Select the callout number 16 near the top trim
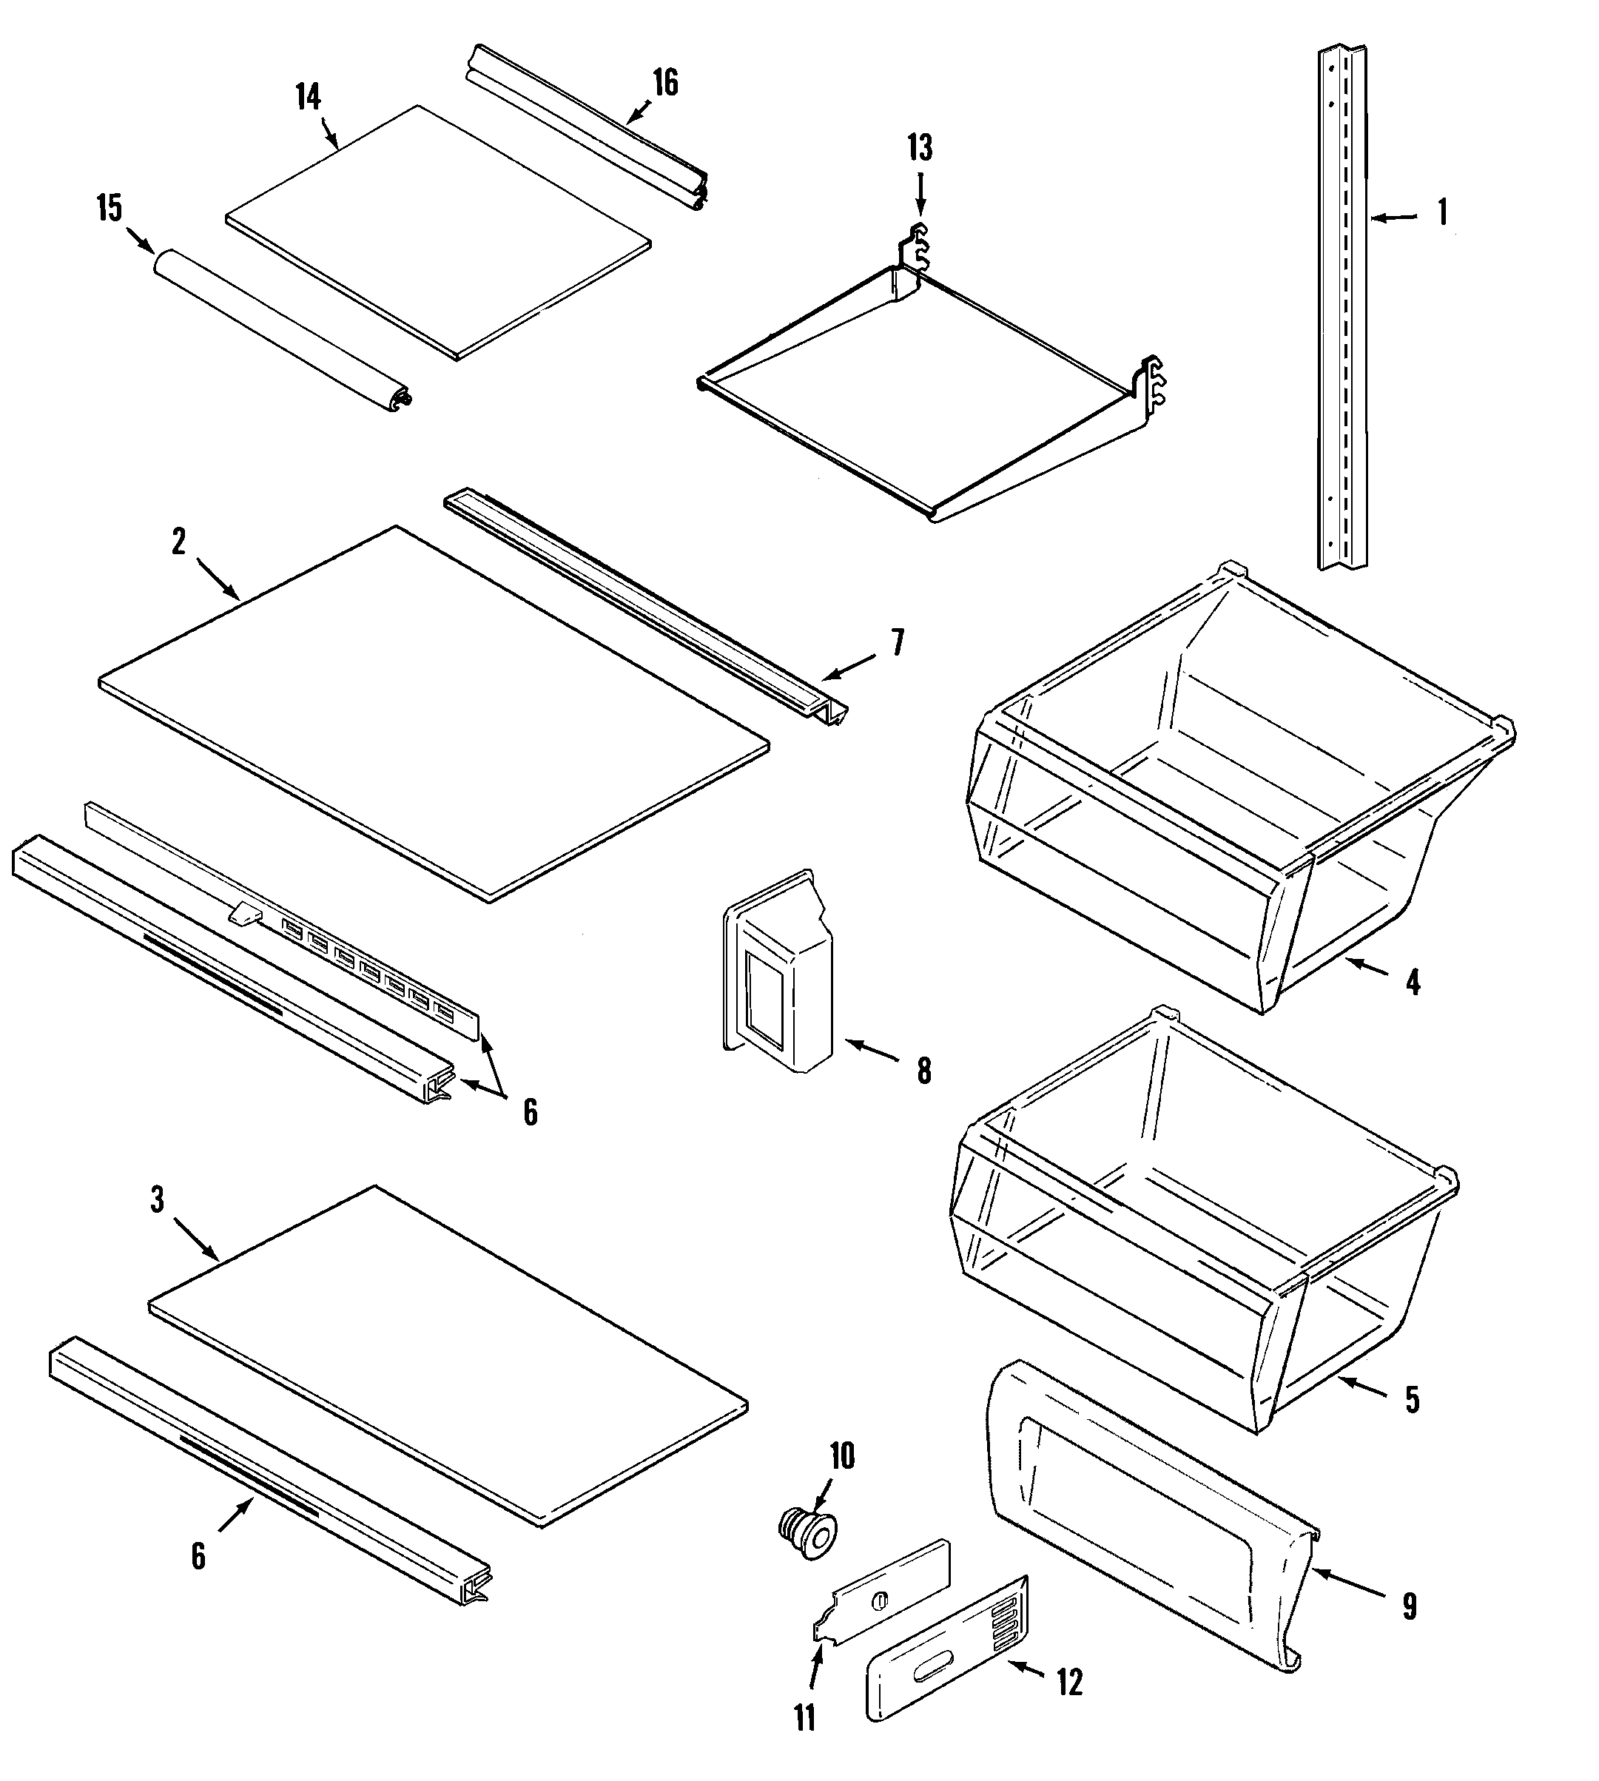pyautogui.click(x=666, y=83)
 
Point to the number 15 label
pyautogui.click(x=110, y=209)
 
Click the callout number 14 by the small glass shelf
pyautogui.click(x=308, y=97)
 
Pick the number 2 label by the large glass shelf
pyautogui.click(x=178, y=542)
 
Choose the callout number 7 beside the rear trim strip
pyautogui.click(x=897, y=643)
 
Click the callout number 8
pyautogui.click(x=923, y=1071)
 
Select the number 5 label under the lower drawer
pyautogui.click(x=1412, y=1400)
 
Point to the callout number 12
pyautogui.click(x=1069, y=1682)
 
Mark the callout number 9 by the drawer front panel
pyautogui.click(x=1410, y=1607)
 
